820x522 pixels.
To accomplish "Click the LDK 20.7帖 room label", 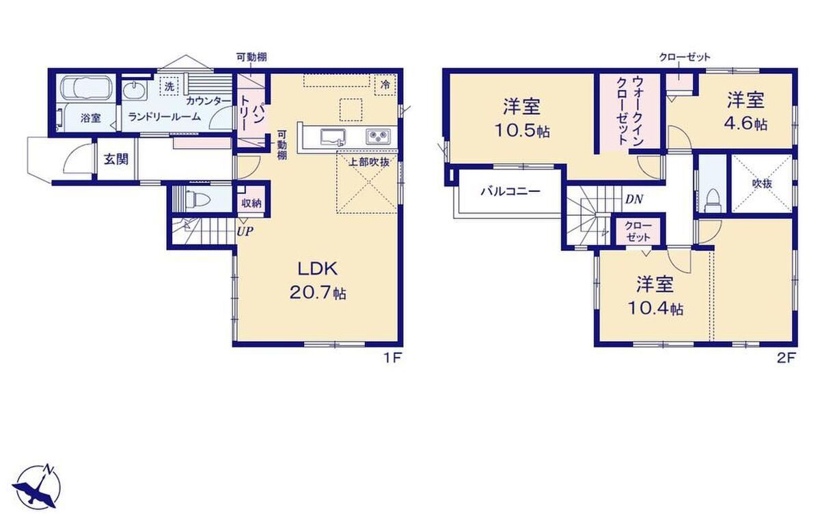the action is tap(318, 281).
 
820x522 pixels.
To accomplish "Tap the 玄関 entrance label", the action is tap(116, 159).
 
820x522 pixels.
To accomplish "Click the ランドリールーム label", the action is tap(165, 117).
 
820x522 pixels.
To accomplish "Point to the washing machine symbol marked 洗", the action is tap(169, 86).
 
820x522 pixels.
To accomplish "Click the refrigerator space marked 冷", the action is tap(385, 85).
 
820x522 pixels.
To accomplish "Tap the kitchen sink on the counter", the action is tap(333, 137).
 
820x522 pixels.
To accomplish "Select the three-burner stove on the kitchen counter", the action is tap(378, 137).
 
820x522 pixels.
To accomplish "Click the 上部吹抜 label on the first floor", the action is tap(368, 162).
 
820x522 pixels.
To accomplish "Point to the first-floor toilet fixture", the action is tap(198, 200).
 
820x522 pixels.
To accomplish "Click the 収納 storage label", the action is tap(251, 204).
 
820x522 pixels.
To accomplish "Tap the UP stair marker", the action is tap(245, 231).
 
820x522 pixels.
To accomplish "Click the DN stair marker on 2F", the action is tap(634, 199).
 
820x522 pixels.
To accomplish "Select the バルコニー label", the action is tap(510, 191).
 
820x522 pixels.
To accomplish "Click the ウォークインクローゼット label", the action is tap(629, 111).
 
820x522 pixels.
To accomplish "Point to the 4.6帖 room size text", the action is tap(746, 124).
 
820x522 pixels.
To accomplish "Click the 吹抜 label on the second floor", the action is tap(762, 183).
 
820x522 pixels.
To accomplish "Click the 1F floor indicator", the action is tap(393, 357).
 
